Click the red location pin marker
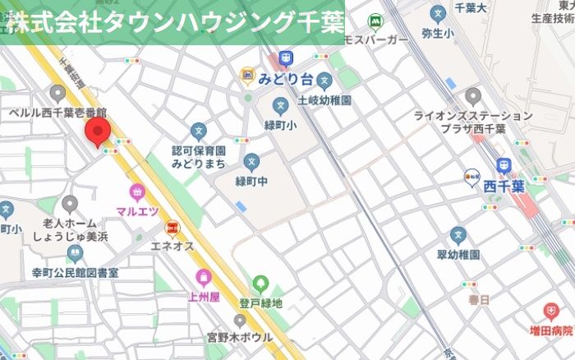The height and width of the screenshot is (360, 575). (x=99, y=131)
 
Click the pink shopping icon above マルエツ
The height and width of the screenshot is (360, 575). (x=136, y=193)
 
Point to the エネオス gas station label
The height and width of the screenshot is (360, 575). (x=172, y=245)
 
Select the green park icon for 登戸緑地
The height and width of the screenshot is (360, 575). (x=260, y=284)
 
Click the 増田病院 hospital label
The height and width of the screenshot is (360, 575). (x=550, y=330)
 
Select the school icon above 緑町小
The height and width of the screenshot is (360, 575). (x=281, y=105)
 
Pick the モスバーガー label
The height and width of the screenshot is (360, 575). (x=375, y=39)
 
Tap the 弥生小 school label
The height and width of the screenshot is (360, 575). (x=436, y=34)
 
